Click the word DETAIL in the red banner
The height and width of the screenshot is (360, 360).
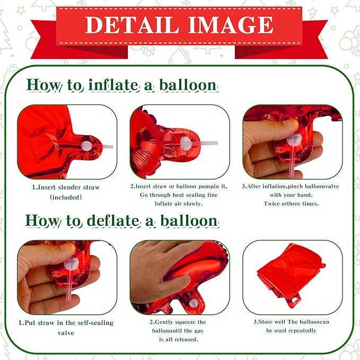pos(132,25)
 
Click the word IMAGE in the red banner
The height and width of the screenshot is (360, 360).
pos(231,25)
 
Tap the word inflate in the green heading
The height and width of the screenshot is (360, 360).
pos(114,85)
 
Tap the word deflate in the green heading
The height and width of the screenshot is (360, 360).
pos(113,221)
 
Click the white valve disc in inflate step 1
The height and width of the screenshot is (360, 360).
pos(86,146)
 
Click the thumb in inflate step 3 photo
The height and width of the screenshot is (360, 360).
pos(271,129)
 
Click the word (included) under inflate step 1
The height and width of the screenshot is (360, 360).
pos(66,197)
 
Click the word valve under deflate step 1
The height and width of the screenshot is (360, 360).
pos(66,333)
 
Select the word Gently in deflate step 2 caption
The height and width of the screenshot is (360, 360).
pos(164,322)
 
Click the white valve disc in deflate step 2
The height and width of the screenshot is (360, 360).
pos(194,303)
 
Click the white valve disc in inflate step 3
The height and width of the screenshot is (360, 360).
pos(294,139)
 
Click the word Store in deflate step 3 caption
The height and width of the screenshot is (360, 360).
pos(267,322)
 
